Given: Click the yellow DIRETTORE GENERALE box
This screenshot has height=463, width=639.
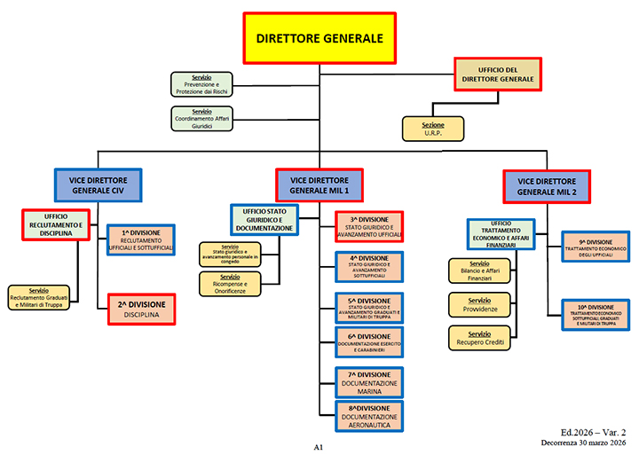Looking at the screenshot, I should pos(319,38).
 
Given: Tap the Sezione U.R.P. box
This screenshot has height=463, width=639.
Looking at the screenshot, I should pos(433,129).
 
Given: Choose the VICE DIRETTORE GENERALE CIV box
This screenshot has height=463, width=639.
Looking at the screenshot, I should pos(98,184).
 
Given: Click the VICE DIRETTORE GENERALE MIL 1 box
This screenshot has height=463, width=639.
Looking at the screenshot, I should pos(319,184).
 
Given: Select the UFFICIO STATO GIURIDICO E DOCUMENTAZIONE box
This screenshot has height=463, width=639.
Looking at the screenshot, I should pos(264,220).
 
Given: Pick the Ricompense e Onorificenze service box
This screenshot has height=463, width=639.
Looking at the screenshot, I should pos(230,283).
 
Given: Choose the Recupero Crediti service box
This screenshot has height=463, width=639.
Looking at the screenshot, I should pos(479,336).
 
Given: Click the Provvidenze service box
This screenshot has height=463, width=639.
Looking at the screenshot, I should pos(479,304).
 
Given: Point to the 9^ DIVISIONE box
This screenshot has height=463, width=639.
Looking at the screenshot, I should pos(596,246).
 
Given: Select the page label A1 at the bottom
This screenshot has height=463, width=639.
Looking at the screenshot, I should pos(318,448).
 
